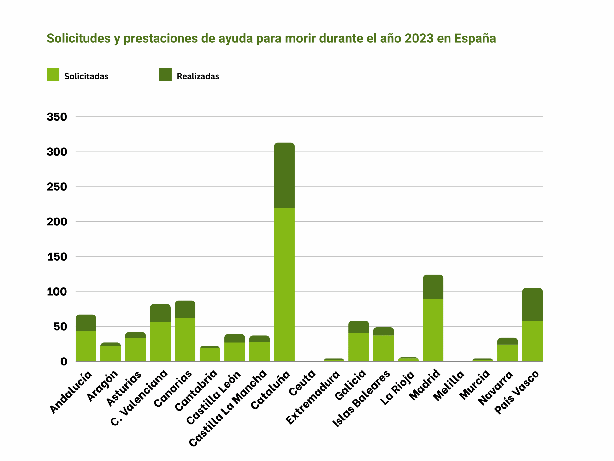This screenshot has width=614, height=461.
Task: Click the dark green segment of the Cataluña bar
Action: tap(284, 176)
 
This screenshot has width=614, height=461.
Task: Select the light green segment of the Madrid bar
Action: tap(433, 330)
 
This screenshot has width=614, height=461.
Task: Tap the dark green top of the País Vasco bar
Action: tap(532, 304)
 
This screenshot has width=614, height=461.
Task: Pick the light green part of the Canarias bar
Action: tap(185, 339)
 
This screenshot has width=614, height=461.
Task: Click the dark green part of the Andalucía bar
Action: tap(86, 323)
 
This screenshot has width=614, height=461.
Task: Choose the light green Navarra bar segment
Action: tap(508, 353)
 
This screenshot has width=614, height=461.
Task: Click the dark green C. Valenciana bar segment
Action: tap(160, 313)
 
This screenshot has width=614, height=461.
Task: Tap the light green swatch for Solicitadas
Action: tap(53, 75)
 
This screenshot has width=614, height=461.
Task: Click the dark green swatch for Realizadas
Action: tap(165, 75)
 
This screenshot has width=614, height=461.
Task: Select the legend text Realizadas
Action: tap(198, 76)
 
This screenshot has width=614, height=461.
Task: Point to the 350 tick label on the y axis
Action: tap(57, 117)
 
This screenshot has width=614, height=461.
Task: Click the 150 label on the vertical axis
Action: tap(57, 256)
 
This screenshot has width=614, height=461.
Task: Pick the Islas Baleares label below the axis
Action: tap(361, 399)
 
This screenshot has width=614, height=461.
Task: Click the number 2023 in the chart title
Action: tap(419, 38)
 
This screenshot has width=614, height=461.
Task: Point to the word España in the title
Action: tap(475, 38)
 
